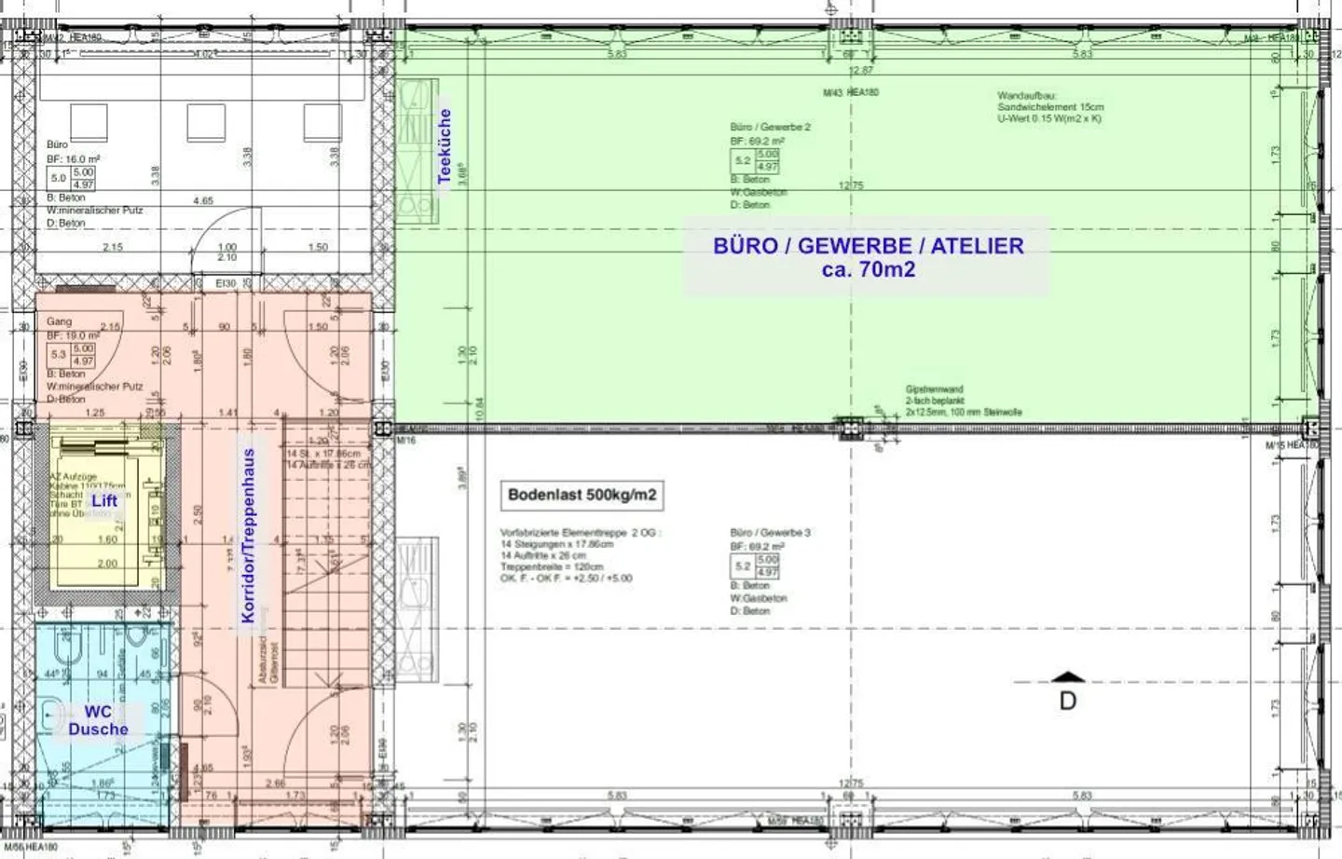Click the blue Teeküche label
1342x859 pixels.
click(x=445, y=146)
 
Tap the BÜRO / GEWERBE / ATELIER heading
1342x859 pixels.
click(x=868, y=246)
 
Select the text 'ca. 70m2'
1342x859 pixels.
click(x=868, y=270)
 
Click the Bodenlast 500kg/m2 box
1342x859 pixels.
click(x=582, y=495)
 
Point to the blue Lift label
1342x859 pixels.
click(x=104, y=501)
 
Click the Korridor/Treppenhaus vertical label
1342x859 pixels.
click(x=248, y=536)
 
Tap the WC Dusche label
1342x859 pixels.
click(x=98, y=720)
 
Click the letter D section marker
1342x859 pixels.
click(x=1068, y=701)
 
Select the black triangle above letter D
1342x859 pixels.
click(x=1068, y=677)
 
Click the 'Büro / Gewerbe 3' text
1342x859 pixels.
click(x=770, y=533)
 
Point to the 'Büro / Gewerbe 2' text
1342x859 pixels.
click(x=770, y=127)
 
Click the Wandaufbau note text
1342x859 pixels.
click(x=1049, y=107)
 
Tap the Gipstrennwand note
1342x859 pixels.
click(x=963, y=401)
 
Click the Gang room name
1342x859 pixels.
click(x=59, y=321)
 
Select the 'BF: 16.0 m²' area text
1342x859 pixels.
click(x=73, y=159)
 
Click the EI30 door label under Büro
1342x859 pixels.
click(x=226, y=283)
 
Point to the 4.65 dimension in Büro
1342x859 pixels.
click(x=203, y=200)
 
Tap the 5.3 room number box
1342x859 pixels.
click(x=59, y=354)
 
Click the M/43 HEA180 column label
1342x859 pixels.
click(x=850, y=93)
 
